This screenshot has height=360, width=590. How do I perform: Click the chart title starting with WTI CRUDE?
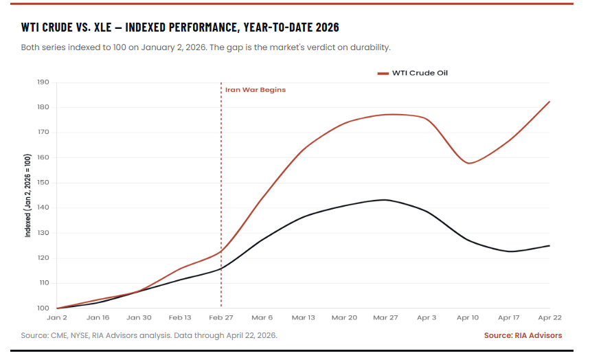click(180, 27)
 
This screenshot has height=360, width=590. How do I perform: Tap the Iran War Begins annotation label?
click(255, 90)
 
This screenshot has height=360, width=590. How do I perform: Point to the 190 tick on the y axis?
click(43, 82)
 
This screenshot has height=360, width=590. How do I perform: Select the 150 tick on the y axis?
click(43, 183)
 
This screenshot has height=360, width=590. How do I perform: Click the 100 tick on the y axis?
click(43, 308)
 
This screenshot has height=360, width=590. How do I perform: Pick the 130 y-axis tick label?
click(43, 233)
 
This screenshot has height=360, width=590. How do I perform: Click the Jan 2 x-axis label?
click(56, 318)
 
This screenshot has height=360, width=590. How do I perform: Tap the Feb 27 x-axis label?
click(220, 318)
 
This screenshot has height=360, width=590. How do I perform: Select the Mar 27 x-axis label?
click(385, 318)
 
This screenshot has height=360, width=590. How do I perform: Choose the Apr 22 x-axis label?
click(549, 318)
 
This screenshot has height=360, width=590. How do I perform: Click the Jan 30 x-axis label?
click(139, 318)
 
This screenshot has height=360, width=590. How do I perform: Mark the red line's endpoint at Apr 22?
click(549, 102)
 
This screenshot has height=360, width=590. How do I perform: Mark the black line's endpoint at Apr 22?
click(549, 245)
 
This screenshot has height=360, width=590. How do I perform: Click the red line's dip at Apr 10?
click(468, 163)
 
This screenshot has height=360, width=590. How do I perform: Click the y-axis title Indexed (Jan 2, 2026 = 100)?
click(28, 196)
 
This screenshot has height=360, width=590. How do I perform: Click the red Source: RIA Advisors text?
click(523, 335)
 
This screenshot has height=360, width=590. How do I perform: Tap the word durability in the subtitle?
click(369, 47)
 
